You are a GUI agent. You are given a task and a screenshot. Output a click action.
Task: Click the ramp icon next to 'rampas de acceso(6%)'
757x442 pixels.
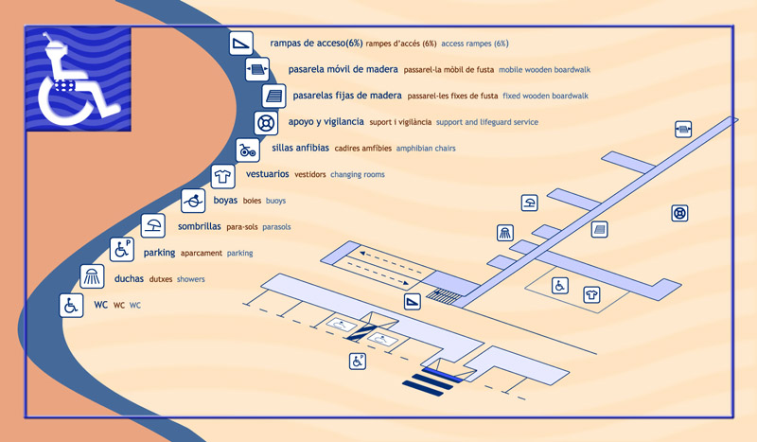(x=241, y=43)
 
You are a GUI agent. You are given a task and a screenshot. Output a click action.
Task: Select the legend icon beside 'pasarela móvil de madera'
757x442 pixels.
(x=257, y=69)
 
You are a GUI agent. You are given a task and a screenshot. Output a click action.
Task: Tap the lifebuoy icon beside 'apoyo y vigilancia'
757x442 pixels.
(x=266, y=122)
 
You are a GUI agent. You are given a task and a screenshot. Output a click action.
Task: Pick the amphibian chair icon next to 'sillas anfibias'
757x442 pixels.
(x=247, y=150)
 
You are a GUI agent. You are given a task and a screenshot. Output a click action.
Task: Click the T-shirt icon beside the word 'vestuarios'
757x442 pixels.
(x=222, y=175)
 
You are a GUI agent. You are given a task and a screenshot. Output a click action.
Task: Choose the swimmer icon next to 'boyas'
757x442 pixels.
(x=194, y=201)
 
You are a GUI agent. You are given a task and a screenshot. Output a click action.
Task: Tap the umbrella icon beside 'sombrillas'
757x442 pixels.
(x=151, y=226)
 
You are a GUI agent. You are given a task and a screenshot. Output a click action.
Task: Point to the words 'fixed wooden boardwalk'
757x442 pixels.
(x=545, y=96)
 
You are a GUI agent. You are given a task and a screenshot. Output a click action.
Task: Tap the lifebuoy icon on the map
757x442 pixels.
(x=679, y=213)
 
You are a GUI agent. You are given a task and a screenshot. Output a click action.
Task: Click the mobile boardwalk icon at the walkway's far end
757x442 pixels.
(x=683, y=128)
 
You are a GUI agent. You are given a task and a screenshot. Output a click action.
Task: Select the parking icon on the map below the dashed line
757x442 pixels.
(x=359, y=361)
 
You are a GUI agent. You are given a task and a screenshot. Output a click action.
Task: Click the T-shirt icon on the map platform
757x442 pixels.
(x=592, y=294)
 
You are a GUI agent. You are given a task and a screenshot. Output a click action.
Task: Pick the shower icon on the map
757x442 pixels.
(x=506, y=233)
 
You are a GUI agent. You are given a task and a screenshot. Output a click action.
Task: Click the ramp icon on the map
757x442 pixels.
(x=413, y=302)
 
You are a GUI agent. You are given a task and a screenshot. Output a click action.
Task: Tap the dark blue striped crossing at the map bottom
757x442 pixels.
(x=431, y=381)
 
